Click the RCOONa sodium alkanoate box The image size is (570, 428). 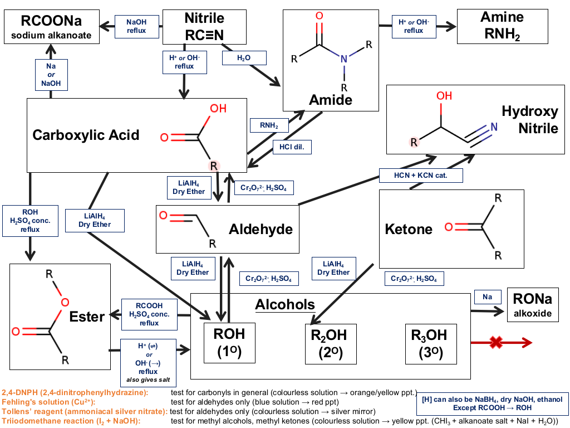(x=52, y=27)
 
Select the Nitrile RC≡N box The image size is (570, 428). (x=204, y=27)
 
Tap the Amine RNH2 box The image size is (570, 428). (x=503, y=27)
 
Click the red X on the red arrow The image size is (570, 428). (x=496, y=342)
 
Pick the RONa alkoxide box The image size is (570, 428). (x=533, y=305)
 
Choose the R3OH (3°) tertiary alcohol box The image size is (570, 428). (x=431, y=344)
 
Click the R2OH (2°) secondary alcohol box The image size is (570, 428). (x=331, y=344)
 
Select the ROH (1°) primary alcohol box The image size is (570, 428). (x=229, y=343)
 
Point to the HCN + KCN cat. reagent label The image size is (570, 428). (x=421, y=176)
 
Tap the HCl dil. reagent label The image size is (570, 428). (x=292, y=147)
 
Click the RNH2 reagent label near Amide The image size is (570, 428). (x=269, y=125)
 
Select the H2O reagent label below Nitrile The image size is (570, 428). (x=244, y=58)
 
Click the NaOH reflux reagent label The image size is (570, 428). (x=137, y=26)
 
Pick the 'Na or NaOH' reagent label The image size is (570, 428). (x=51, y=75)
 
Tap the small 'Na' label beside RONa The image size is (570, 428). (x=488, y=297)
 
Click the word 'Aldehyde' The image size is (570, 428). (x=261, y=229)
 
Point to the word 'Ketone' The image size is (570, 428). (x=409, y=229)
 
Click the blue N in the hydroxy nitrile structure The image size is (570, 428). (x=494, y=127)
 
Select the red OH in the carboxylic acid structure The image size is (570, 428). (x=218, y=109)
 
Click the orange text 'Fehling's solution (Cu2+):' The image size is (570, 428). (x=48, y=402)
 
